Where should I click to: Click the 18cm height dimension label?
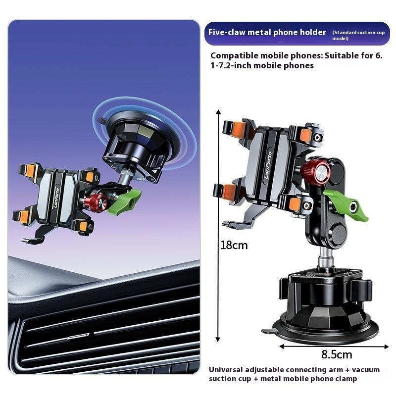234,245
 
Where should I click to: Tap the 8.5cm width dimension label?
337,354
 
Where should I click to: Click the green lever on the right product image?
346,204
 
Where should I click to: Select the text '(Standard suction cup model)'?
358,35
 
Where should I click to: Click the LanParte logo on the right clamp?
268,165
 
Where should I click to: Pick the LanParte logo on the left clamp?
56,198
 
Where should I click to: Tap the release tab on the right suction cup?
268,331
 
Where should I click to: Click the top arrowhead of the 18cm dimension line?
219,112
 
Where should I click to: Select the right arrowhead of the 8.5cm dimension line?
387,346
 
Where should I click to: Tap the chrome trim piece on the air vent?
78,337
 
